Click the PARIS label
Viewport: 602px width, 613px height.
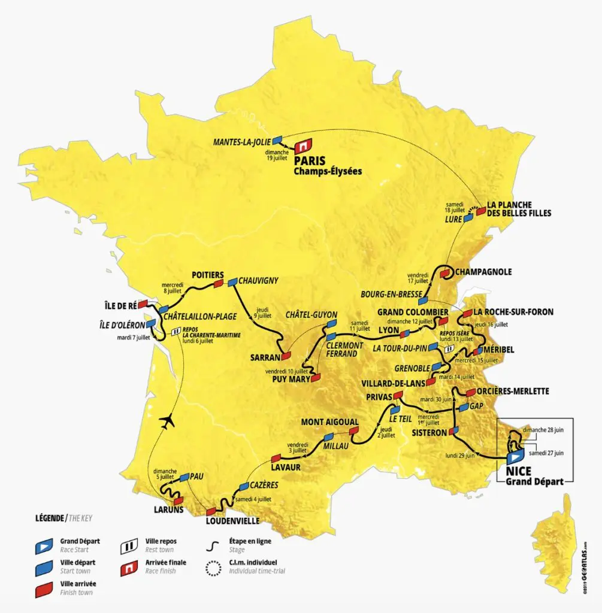(x=310, y=160)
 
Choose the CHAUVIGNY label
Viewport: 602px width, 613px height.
(x=259, y=281)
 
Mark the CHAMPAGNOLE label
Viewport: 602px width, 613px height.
(x=483, y=271)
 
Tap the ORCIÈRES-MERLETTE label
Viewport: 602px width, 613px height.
(x=513, y=391)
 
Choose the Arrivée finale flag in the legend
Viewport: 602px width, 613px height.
(x=126, y=566)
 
